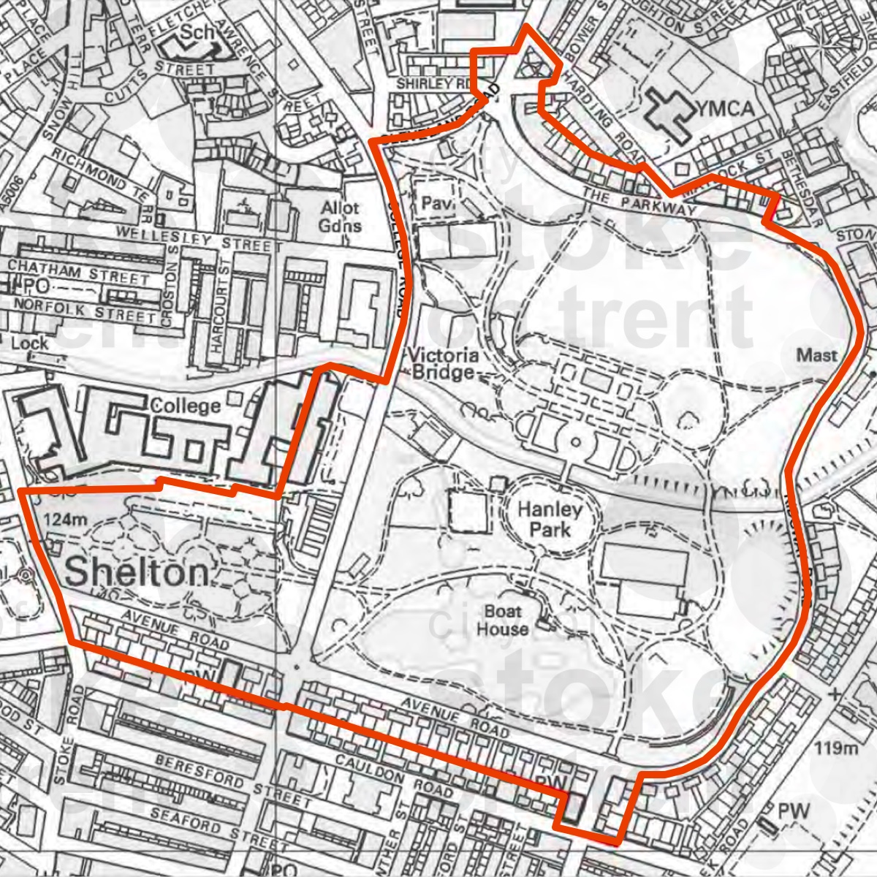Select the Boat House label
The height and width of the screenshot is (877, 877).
(503, 619)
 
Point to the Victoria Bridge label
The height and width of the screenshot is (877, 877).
(446, 364)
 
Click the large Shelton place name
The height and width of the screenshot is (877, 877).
(136, 573)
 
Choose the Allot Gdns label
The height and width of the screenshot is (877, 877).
(341, 217)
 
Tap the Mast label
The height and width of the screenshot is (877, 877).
(816, 355)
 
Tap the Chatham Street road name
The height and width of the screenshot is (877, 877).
(77, 274)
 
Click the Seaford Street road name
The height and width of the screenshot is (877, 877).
(203, 824)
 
